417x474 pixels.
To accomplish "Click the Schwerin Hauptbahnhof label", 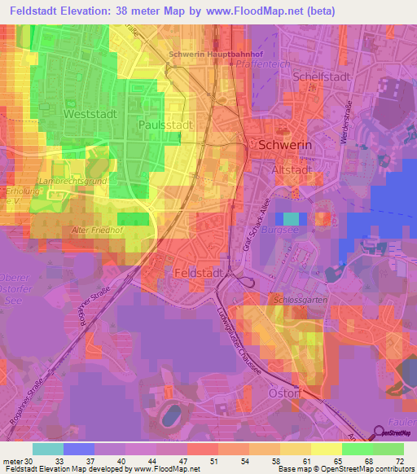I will (x=205, y=55).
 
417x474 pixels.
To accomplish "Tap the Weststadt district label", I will (x=84, y=115).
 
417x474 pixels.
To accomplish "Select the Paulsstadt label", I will (x=165, y=125).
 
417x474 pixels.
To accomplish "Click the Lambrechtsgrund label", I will (x=71, y=181).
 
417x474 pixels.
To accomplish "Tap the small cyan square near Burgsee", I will (x=291, y=218).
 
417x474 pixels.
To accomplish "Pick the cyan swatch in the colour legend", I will (x=47, y=449).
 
